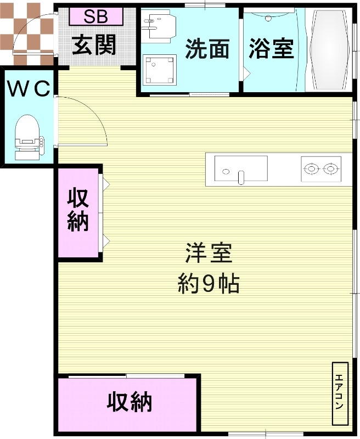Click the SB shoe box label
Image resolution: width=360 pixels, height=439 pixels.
(x=96, y=16)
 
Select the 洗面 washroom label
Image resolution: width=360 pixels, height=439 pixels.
(x=207, y=49)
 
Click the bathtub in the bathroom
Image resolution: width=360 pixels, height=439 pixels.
(x=329, y=50)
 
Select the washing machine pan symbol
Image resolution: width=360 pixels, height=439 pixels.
(x=159, y=70)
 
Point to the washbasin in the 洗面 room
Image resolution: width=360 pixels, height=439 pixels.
(x=158, y=25)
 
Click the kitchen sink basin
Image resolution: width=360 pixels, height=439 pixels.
(x=240, y=169)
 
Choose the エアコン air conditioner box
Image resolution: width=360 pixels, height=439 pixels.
(x=340, y=393)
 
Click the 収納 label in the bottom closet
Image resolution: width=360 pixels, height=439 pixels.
(x=130, y=403)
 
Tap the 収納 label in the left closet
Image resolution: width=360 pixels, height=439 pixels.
(x=78, y=210)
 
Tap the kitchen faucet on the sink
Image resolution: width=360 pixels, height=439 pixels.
(x=240, y=177)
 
